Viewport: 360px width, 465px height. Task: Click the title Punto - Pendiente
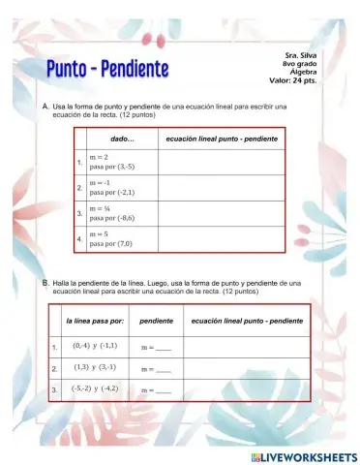(107, 69)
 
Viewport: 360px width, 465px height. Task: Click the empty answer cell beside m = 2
(222, 161)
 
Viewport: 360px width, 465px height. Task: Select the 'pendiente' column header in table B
(156, 320)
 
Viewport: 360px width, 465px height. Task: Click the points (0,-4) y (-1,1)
(95, 346)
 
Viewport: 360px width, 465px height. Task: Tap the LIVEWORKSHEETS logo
(304, 455)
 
